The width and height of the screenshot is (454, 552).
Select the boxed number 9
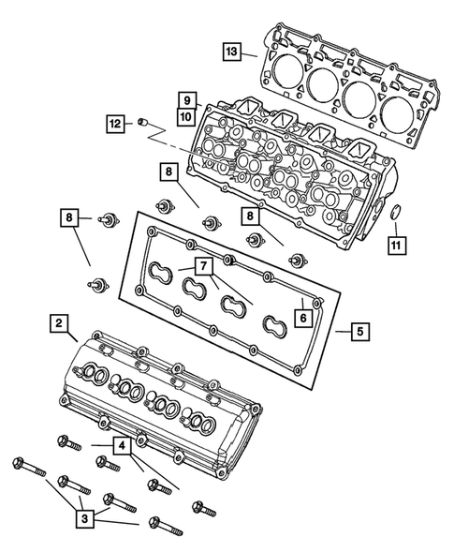pyautogui.click(x=186, y=100)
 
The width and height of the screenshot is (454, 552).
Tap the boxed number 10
pyautogui.click(x=186, y=116)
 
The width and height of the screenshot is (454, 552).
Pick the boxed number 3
pyautogui.click(x=84, y=514)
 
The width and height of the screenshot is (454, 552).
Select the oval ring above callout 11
pyautogui.click(x=396, y=213)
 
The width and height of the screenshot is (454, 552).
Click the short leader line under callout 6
pyautogui.click(x=304, y=302)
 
